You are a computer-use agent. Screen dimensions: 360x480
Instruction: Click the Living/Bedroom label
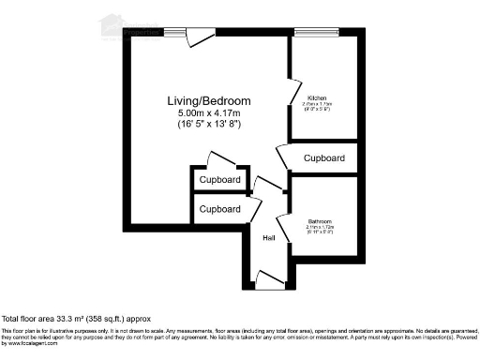tap(196, 100)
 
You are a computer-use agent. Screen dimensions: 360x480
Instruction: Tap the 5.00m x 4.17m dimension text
tap(196, 112)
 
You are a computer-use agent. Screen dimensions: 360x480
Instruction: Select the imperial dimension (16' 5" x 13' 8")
tap(196, 124)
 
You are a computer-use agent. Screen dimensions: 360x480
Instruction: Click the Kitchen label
tap(317, 97)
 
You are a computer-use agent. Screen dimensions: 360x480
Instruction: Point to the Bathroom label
tap(319, 222)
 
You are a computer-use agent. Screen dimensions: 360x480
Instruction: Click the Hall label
tap(268, 237)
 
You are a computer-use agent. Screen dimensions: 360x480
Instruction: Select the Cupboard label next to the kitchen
tap(324, 158)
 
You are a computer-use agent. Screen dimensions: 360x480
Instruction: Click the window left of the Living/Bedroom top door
tap(174, 33)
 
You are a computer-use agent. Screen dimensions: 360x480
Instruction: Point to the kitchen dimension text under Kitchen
tap(317, 108)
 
